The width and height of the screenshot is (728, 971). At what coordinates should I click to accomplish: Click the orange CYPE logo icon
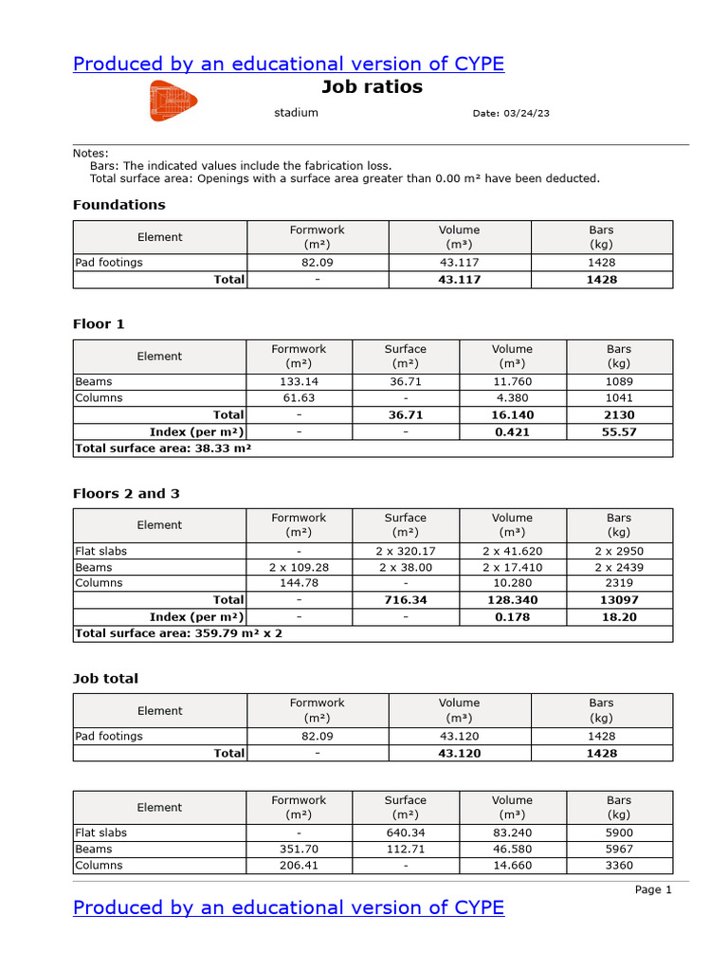click(x=173, y=101)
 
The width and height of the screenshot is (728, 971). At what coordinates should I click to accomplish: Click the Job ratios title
click(x=372, y=87)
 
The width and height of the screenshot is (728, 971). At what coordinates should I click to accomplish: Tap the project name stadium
click(x=296, y=113)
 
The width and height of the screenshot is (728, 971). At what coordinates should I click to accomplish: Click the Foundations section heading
click(x=118, y=205)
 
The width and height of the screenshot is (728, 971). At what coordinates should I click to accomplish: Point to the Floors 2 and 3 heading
click(x=126, y=494)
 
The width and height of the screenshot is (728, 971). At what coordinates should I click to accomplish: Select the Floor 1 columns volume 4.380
click(x=512, y=398)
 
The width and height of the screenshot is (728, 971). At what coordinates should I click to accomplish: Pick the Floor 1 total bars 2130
click(x=619, y=415)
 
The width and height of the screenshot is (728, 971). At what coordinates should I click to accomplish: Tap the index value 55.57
click(x=619, y=431)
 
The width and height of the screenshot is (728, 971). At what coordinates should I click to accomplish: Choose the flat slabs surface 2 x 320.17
click(x=405, y=551)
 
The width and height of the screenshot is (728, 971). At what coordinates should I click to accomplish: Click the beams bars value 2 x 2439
click(x=619, y=567)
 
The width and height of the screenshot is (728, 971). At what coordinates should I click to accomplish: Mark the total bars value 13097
click(x=619, y=600)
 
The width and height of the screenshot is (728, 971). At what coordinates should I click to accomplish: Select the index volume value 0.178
click(x=512, y=616)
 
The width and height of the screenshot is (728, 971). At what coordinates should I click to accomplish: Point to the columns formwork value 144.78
click(x=299, y=583)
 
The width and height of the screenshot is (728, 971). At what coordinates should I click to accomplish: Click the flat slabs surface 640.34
click(x=405, y=833)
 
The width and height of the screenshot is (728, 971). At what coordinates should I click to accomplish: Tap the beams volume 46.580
click(x=512, y=850)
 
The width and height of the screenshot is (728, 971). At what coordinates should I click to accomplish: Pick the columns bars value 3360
click(x=619, y=866)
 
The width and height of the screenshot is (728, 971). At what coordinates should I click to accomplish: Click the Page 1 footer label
click(x=653, y=889)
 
